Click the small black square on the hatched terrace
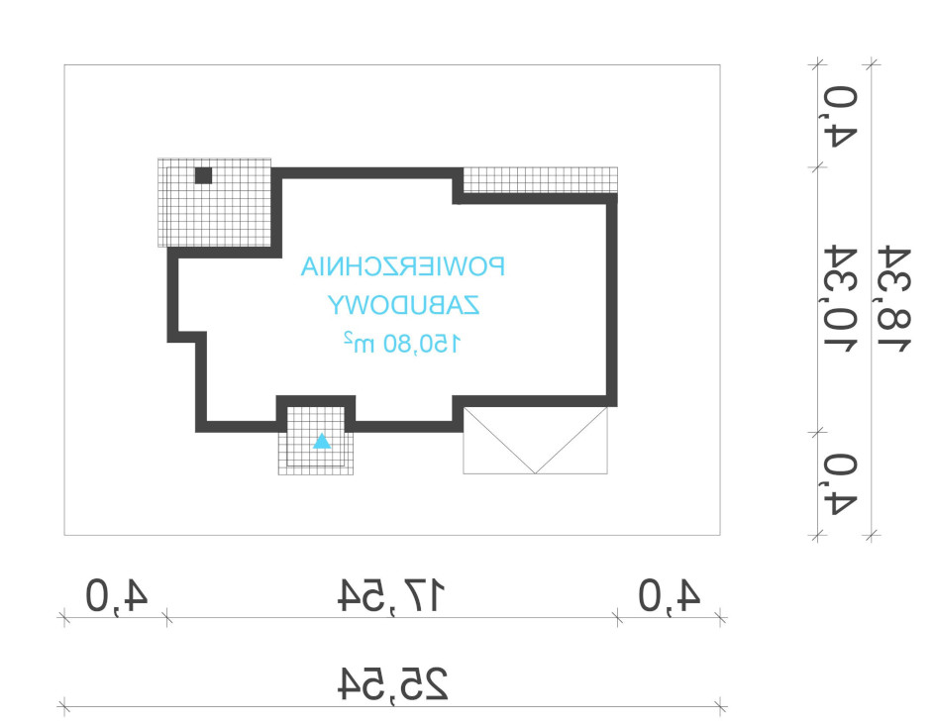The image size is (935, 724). coord(203,175)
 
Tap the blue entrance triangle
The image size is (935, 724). coord(322,442)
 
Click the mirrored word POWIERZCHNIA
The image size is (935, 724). coord(402,266)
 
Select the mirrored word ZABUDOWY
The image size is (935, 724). coord(404,305)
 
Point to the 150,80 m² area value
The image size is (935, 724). coord(402,343)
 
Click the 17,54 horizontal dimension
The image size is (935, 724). coord(392,595)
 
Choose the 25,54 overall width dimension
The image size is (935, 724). coord(392,683)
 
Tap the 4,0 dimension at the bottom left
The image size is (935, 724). coord(117,595)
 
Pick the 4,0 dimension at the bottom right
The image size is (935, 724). coord(670,595)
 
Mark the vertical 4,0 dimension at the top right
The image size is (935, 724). coord(840,116)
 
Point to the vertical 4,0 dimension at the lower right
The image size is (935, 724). coord(840,483)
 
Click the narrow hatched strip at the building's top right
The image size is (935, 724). coord(540,180)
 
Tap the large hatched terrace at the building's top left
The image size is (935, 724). coord(214,203)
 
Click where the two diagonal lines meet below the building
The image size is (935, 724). coord(536,473)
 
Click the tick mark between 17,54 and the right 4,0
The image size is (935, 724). coord(618,618)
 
